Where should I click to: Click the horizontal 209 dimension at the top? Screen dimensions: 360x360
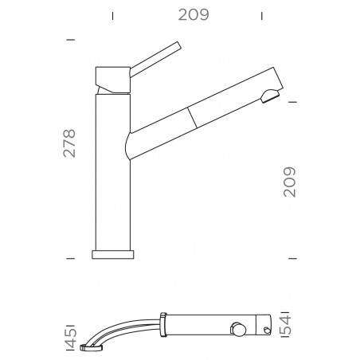pyautogui.click(x=188, y=15)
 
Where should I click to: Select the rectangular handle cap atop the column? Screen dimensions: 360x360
pyautogui.click(x=112, y=78)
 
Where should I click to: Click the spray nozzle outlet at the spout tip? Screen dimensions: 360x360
pyautogui.click(x=270, y=96)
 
